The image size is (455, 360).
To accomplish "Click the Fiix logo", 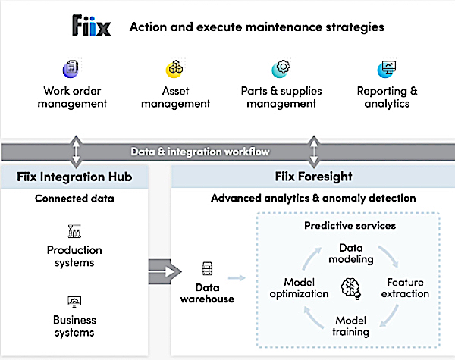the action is pyautogui.click(x=92, y=26).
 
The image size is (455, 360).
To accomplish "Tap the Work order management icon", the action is pyautogui.click(x=71, y=69).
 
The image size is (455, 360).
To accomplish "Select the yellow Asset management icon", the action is pyautogui.click(x=174, y=69).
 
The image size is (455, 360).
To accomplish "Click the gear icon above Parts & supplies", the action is pyautogui.click(x=281, y=69).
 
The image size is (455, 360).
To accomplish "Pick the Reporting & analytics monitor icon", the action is pyautogui.click(x=387, y=69).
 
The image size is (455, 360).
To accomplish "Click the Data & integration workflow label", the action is pyautogui.click(x=200, y=152).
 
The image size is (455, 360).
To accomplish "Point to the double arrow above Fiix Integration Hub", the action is pyautogui.click(x=76, y=152).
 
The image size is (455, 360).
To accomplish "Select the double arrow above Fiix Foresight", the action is pyautogui.click(x=314, y=152).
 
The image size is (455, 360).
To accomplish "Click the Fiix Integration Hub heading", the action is pyautogui.click(x=74, y=177).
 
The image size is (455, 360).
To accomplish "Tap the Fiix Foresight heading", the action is pyautogui.click(x=313, y=177).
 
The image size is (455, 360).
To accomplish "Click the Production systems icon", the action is pyautogui.click(x=74, y=231).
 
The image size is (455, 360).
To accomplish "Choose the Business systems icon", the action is pyautogui.click(x=74, y=302).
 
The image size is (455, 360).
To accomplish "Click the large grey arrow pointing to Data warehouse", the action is pyautogui.click(x=165, y=272).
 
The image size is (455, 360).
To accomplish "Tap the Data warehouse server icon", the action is pyautogui.click(x=207, y=268).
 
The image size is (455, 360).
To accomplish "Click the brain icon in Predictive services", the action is pyautogui.click(x=351, y=289).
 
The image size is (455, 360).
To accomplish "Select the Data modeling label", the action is pyautogui.click(x=351, y=254).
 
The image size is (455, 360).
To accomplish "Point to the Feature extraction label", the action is pyautogui.click(x=405, y=288).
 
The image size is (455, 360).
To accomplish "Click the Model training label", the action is pyautogui.click(x=350, y=326).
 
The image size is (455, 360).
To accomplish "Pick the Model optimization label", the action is pyautogui.click(x=299, y=288).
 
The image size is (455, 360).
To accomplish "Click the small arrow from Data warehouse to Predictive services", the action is pyautogui.click(x=237, y=278).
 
